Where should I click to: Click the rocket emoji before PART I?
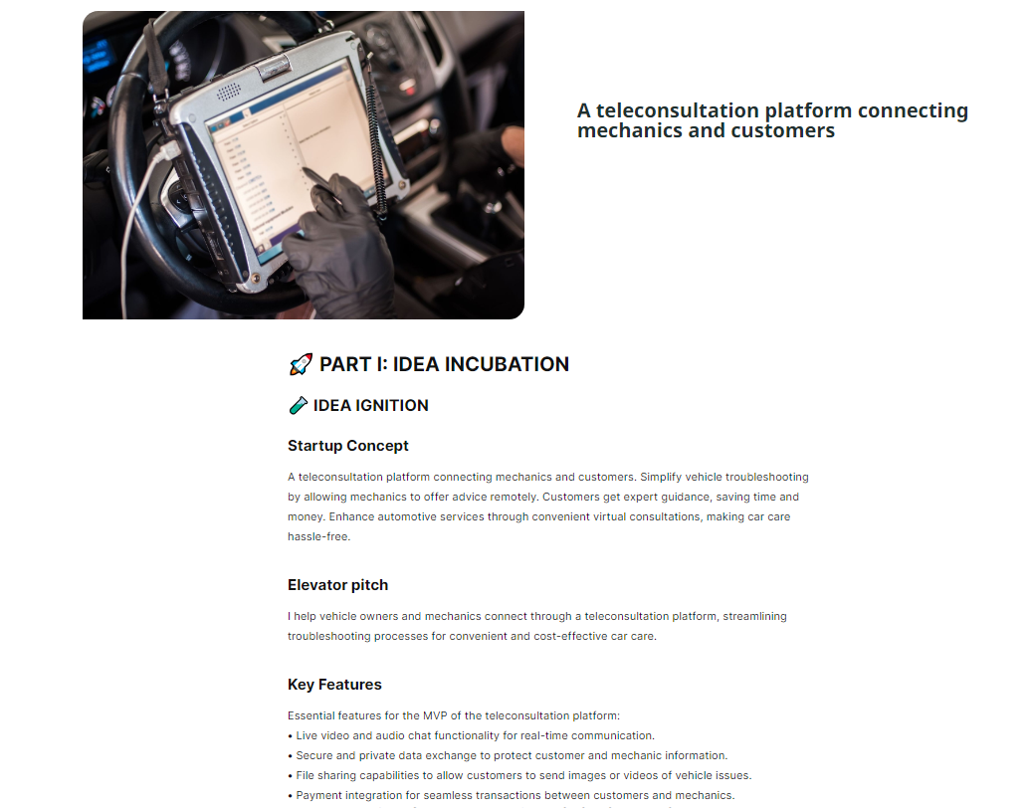(300, 364)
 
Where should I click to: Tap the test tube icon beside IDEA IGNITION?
(298, 405)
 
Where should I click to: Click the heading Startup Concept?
(347, 445)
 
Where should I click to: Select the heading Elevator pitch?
(337, 584)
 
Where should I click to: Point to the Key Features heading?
(334, 684)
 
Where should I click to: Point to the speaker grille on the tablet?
(230, 92)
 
